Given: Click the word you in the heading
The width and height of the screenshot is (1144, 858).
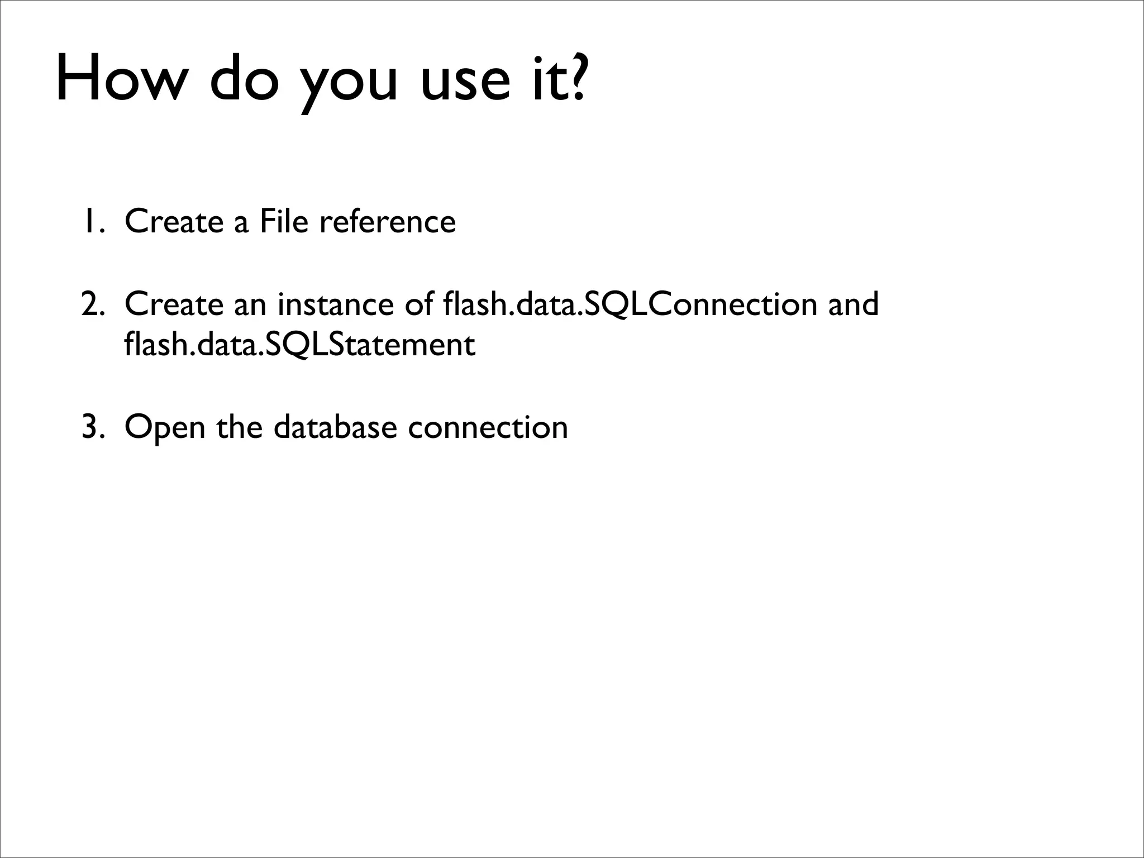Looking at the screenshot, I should pos(349,84).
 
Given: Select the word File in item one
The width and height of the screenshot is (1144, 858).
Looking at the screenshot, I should pos(283,221).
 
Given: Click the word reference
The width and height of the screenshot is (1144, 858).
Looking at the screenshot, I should pos(387,221).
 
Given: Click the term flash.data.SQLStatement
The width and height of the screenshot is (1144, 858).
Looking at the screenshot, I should pos(299,345).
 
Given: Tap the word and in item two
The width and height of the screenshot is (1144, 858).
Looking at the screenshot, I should pos(853,304).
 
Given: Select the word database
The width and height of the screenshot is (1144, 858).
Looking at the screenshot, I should pos(335,427).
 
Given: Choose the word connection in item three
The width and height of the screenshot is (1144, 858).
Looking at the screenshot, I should pos(488,427).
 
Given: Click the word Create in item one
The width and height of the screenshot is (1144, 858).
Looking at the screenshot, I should pos(174,221).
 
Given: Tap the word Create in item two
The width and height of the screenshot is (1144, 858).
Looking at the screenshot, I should pos(174,304).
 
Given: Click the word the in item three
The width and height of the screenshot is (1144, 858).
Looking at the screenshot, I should pos(240,427).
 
